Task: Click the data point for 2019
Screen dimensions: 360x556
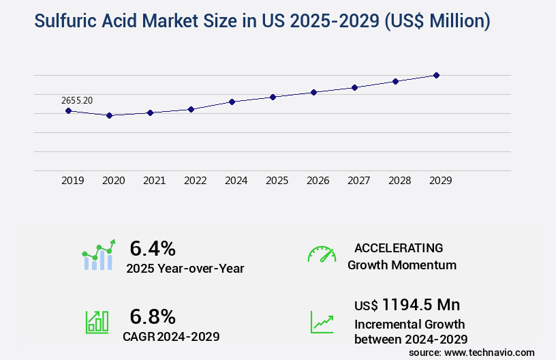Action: (68, 110)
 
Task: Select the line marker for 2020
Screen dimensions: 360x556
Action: (109, 115)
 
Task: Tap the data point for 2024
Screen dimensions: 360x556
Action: (232, 102)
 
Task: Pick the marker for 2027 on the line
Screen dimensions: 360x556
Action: (354, 87)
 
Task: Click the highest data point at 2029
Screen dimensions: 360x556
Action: (436, 75)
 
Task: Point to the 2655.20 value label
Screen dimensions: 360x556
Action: (77, 100)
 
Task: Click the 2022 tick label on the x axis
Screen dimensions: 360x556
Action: (195, 181)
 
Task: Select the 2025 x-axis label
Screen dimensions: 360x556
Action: (277, 181)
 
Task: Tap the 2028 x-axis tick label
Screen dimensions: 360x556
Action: (399, 181)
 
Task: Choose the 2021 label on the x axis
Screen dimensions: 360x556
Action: (154, 181)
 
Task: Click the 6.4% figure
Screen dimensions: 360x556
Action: (153, 247)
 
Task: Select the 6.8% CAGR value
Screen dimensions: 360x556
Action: (153, 316)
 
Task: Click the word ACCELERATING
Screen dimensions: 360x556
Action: (399, 247)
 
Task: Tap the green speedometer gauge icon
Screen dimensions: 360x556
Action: (322, 254)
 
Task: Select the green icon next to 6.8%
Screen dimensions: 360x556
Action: (97, 322)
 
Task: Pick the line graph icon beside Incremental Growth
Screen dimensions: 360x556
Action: (322, 322)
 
